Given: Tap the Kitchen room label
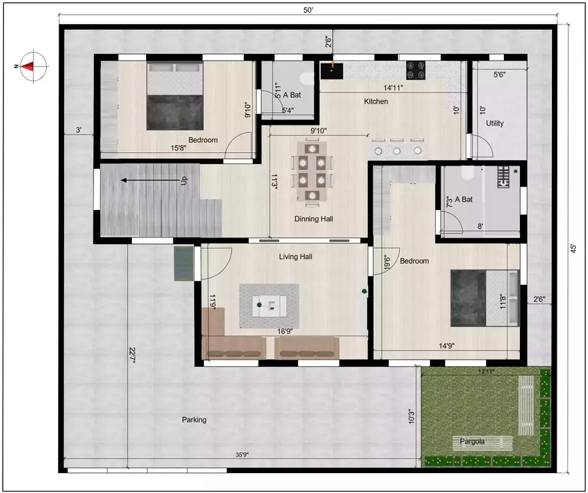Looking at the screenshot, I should point(375,101).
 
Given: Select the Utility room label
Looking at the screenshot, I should point(495,123).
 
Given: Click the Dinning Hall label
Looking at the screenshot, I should point(313,219).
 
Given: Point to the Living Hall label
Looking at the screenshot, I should point(295,256).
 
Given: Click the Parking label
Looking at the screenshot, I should point(194,420).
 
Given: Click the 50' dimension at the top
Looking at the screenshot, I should point(308,9).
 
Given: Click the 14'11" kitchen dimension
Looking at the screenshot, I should point(393,87).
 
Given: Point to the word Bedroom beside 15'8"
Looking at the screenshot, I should point(203,140).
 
